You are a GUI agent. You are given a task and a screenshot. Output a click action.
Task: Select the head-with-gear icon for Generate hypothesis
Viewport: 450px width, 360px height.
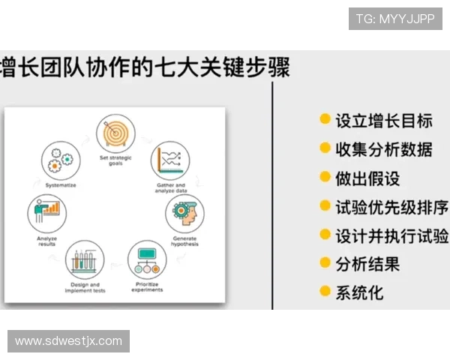coord(183,211)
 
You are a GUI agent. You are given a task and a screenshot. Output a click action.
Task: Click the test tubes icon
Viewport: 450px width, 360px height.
coord(85,260)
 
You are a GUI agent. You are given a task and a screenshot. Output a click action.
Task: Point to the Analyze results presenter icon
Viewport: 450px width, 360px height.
coord(46,213)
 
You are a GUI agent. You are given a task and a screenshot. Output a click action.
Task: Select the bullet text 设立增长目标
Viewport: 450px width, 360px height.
coord(383,121)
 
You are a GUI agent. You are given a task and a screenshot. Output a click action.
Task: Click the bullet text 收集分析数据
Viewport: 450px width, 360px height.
coord(383,149)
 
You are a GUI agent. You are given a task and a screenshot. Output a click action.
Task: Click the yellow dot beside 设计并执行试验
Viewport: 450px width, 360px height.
coord(325,235)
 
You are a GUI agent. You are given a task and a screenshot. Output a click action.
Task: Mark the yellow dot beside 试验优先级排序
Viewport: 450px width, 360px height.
coord(325,205)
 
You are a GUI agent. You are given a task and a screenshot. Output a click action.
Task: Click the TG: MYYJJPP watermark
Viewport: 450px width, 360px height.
coord(395,19)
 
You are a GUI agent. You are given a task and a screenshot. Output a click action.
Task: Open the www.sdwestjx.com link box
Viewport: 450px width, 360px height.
coord(69,341)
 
